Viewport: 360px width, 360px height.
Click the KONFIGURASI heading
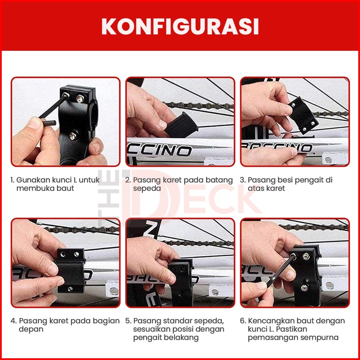click(x=180, y=26)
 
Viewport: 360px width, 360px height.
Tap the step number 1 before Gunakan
click(x=13, y=180)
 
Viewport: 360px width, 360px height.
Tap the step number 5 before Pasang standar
click(x=128, y=321)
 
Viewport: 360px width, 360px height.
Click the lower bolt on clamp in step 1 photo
click(x=72, y=136)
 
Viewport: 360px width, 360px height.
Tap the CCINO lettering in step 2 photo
click(x=159, y=150)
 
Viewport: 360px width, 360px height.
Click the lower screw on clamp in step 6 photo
click(x=304, y=288)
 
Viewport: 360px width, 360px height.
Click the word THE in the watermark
click(x=109, y=195)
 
